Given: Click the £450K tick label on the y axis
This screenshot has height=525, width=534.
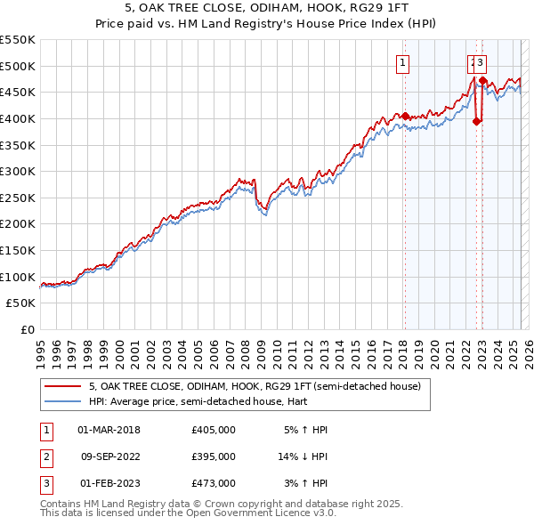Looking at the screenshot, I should [18, 92].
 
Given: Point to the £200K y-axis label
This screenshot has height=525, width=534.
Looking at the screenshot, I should [18, 223].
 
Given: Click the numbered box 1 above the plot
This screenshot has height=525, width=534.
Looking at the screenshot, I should [403, 62].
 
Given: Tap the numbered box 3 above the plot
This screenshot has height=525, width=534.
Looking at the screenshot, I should [481, 62].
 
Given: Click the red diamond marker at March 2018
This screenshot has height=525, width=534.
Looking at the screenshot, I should [404, 116].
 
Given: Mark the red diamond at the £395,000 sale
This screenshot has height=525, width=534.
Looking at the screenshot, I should [476, 121].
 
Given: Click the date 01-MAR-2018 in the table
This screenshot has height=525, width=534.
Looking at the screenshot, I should [109, 430].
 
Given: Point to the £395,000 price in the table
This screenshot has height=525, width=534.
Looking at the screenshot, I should [213, 456].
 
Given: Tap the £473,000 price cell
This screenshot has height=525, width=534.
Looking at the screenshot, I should [213, 483].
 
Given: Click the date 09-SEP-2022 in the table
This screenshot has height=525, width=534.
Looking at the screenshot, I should [109, 456].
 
